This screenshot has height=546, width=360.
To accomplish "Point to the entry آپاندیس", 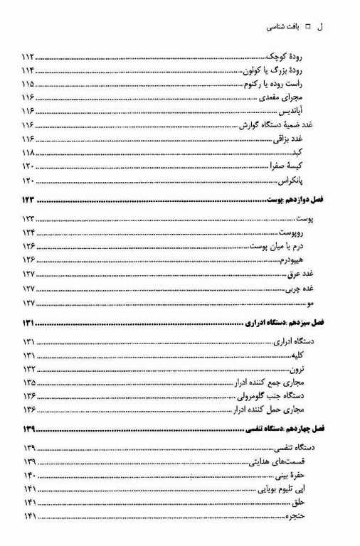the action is [x=302, y=112].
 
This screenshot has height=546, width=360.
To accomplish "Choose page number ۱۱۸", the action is [x=28, y=153].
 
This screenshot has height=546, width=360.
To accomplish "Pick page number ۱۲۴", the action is [x=28, y=232].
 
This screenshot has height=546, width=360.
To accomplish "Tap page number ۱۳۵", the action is [x=28, y=382].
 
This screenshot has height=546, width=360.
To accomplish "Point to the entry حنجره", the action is [x=302, y=516].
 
